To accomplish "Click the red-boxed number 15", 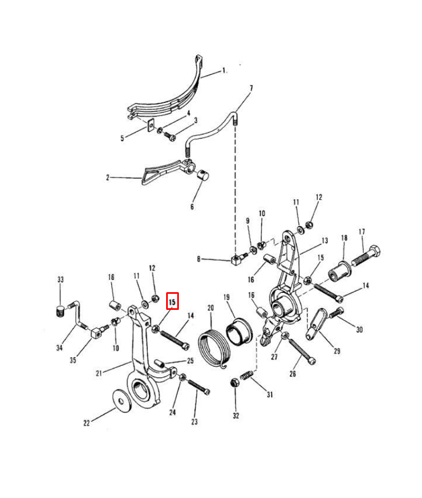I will coord(173,302).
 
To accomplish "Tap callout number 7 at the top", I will coord(251,89).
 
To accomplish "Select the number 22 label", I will coord(86,423).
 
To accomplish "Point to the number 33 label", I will coord(61,279).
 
